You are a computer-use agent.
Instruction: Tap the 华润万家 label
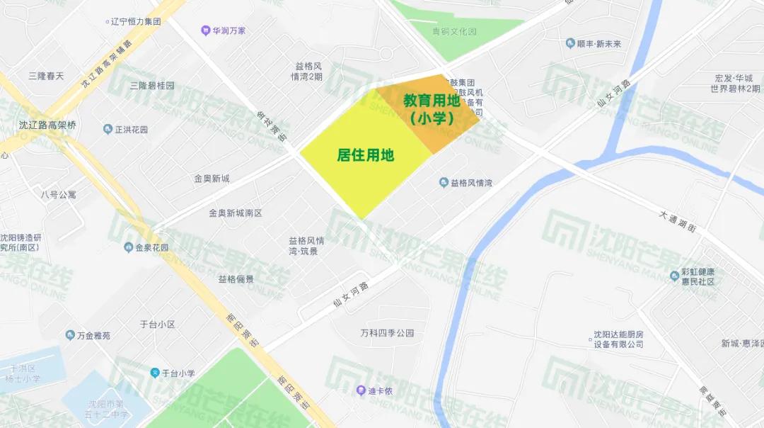228,30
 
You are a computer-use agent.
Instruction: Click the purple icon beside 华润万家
205,30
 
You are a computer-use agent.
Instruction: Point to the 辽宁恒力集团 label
136,21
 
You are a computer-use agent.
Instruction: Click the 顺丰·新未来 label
598,44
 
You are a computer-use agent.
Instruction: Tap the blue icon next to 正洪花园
108,129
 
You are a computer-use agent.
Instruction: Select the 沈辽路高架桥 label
47,125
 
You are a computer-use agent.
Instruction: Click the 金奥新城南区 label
235,213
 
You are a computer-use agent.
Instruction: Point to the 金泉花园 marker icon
129,247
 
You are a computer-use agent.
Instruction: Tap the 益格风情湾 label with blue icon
471,183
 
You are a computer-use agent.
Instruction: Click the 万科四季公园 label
386,333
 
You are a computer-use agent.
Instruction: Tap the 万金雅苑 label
93,335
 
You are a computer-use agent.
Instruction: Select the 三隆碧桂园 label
151,86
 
